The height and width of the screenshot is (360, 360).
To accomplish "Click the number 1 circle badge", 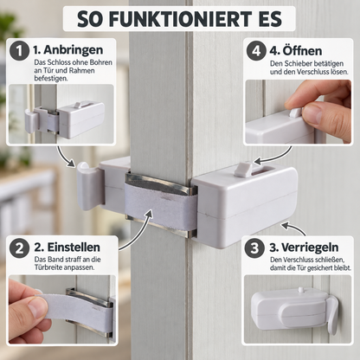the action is coord(19,50).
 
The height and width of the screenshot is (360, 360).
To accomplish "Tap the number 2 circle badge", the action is coord(19,248).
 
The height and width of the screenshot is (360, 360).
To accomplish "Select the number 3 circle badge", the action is coord(254,248).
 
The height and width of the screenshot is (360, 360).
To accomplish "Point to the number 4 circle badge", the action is coord(256,51).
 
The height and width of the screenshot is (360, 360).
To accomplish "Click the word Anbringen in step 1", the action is coord(73,50).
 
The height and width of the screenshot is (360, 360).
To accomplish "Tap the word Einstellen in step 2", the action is coord(74,247).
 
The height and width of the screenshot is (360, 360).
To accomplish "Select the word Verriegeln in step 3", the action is coord(310,247).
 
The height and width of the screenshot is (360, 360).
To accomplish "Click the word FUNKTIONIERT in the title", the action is coord(180,19).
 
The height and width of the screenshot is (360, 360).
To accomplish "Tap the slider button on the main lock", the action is coord(242,169).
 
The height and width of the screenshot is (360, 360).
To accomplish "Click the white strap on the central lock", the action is coord(161,204).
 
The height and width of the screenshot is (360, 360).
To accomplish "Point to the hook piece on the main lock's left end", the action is coord(89,186).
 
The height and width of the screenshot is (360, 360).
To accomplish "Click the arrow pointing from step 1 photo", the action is coord(65,157).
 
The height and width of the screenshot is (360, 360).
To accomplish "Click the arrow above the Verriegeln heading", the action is coord(293,228).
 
